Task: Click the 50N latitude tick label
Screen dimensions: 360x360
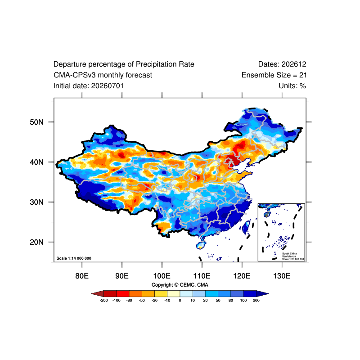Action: click(x=36, y=122)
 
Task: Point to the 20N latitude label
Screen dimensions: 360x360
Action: click(x=36, y=242)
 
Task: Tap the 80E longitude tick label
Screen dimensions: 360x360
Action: click(x=82, y=276)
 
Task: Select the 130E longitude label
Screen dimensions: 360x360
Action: click(x=282, y=276)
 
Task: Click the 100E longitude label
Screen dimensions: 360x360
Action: click(x=162, y=276)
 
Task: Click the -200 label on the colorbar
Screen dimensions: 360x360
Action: click(x=104, y=300)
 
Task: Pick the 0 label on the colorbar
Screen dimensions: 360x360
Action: click(x=180, y=300)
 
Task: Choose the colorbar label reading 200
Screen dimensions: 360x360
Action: click(x=256, y=300)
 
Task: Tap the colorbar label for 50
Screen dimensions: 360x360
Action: click(x=218, y=300)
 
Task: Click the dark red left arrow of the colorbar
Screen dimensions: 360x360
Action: click(x=99, y=294)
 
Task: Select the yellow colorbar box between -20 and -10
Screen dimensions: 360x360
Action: click(x=161, y=294)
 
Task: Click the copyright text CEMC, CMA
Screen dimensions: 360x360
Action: click(x=194, y=285)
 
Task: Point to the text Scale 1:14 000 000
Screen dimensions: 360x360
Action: click(x=74, y=258)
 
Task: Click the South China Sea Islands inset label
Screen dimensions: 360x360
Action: click(x=293, y=256)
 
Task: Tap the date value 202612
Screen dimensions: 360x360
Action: click(x=294, y=64)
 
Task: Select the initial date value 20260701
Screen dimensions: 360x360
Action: click(x=108, y=86)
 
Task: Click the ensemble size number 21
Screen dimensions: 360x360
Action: click(x=303, y=75)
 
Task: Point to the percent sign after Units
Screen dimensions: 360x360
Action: click(x=303, y=86)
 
